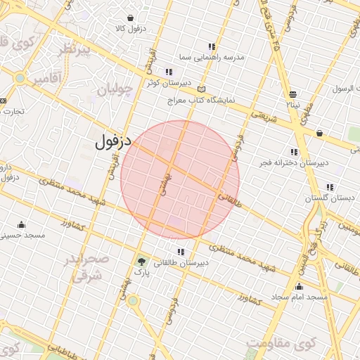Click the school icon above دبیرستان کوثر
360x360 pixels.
coord(169,72)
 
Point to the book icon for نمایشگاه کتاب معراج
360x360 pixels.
coord(202,90)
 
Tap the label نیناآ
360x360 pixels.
coord(292,105)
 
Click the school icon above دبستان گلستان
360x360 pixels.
coord(330,187)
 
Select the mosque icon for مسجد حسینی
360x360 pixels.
coord(21,225)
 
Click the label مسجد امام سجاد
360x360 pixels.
coord(300,297)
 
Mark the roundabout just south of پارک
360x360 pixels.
coord(133,301)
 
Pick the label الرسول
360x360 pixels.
coord(345,89)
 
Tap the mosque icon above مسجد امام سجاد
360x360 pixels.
coord(300,286)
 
